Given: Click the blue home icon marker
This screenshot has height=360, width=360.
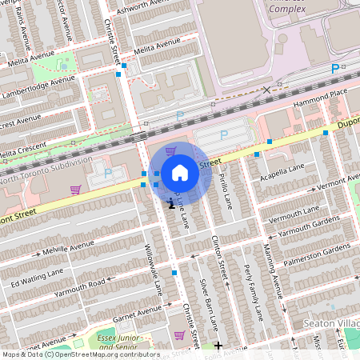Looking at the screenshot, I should tap(180, 172).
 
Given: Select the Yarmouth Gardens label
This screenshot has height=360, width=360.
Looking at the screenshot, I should tap(309, 227).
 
